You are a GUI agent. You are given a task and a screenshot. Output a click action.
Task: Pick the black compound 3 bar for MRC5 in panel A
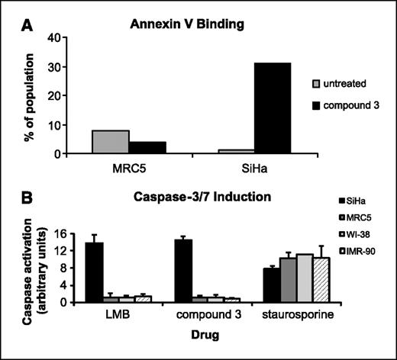point(148,147)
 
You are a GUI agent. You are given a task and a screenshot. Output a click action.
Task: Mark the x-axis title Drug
point(202,333)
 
